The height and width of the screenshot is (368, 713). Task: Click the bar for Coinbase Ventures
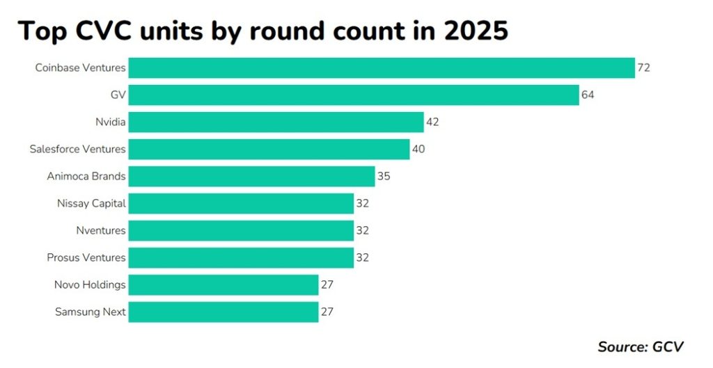coord(382,68)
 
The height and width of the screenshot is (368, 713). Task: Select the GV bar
coord(354,95)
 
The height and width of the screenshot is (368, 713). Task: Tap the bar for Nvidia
coord(276,122)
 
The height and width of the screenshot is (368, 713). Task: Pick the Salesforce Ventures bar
coord(269,150)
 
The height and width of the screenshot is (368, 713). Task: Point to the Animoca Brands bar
coord(251,177)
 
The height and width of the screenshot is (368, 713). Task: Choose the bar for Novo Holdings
coord(224,285)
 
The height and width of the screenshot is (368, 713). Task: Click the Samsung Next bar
coord(224,312)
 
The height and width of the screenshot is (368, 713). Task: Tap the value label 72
coord(643,68)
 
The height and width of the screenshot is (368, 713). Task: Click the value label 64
coord(588,95)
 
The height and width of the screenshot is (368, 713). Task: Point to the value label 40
coord(418,150)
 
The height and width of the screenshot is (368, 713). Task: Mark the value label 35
coord(384,177)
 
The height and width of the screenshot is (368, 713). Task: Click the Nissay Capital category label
coord(91,204)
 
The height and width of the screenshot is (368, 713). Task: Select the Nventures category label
coord(100,230)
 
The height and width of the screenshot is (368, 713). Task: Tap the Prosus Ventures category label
coord(86,257)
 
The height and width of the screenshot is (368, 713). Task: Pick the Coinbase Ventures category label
coord(81,68)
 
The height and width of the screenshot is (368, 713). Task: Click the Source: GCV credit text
coord(641,346)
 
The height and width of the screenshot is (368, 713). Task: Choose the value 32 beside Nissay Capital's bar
coord(362,204)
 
